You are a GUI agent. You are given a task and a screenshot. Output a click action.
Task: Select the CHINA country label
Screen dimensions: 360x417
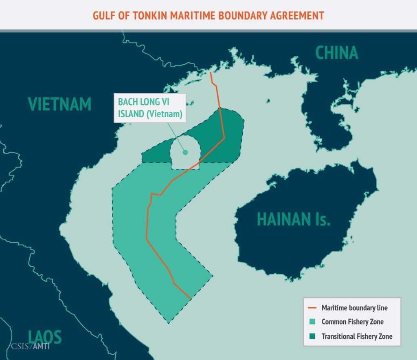pyautogui.click(x=337, y=53)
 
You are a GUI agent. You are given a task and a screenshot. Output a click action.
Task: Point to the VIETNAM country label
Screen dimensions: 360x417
pyautogui.click(x=59, y=104)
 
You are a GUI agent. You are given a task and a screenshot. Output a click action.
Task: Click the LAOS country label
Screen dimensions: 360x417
pyautogui.click(x=45, y=337)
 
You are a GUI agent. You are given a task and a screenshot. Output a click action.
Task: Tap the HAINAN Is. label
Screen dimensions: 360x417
pyautogui.click(x=293, y=220)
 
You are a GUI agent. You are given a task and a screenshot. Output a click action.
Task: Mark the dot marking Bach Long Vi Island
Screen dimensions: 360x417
pyautogui.click(x=185, y=152)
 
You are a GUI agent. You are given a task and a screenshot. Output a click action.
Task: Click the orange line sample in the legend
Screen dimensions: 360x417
pyautogui.click(x=312, y=308)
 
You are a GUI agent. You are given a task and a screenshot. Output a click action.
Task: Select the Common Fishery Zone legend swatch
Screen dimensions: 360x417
pyautogui.click(x=312, y=322)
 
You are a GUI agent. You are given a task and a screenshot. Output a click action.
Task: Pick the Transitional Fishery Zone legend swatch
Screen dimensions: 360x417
pyautogui.click(x=312, y=336)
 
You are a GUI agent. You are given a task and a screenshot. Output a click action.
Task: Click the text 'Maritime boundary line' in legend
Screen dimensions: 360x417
pyautogui.click(x=354, y=308)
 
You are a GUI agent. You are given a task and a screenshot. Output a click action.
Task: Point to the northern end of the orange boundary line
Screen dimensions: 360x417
pyautogui.click(x=210, y=73)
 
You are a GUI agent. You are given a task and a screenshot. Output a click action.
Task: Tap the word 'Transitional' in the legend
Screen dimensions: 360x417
pyautogui.click(x=340, y=336)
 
